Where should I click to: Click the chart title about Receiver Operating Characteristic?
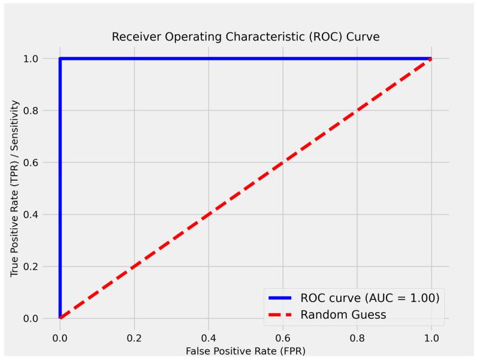coord(246,37)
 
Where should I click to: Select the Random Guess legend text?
coord(343,314)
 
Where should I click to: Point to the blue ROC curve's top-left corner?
coord(60,59)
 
